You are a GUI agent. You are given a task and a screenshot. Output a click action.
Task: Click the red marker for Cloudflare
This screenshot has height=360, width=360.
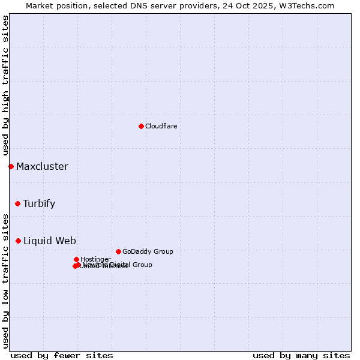point(141,126)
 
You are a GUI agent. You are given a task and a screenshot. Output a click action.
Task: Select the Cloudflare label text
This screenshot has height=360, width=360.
point(161,126)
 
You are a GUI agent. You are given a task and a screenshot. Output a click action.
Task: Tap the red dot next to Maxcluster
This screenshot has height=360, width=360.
point(11,166)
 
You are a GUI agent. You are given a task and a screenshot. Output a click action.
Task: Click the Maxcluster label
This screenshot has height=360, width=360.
point(42,166)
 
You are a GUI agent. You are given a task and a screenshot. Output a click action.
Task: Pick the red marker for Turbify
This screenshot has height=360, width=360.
point(17,203)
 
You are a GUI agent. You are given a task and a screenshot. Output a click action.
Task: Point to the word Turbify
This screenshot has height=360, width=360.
point(39,203)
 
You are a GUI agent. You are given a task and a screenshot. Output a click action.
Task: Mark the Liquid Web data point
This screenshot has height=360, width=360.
point(18,241)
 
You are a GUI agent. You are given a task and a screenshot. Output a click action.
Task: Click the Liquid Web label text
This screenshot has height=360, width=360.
point(49,241)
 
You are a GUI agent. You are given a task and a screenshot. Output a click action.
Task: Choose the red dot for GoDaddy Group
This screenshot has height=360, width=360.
point(118,251)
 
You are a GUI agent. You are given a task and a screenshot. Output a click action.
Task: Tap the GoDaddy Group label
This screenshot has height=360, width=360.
point(148,251)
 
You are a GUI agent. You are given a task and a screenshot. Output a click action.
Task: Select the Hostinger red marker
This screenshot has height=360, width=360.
point(76,259)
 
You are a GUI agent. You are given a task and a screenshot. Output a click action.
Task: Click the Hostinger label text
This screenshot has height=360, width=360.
point(95,259)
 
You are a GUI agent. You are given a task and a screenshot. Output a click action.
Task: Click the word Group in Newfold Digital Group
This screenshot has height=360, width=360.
point(142,265)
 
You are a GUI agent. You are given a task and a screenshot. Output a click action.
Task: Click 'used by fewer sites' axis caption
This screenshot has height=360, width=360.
point(62,355)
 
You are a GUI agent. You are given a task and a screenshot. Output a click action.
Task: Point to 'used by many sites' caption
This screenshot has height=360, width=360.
point(301,355)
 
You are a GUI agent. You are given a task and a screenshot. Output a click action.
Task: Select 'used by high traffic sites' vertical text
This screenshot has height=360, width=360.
point(6,86)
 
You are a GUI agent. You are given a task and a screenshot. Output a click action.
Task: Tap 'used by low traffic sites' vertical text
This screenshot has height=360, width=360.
point(6,281)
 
